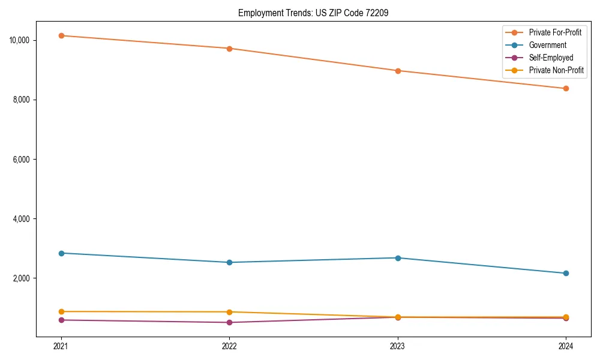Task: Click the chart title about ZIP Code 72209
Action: tap(313, 13)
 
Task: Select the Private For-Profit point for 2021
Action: tap(61, 35)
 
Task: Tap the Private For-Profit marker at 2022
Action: tap(229, 48)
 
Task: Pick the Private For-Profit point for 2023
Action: tap(398, 71)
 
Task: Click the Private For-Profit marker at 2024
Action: tap(566, 88)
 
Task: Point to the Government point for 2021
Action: tap(61, 253)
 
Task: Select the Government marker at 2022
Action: tap(229, 262)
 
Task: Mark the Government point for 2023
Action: tap(398, 258)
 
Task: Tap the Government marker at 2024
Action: tap(566, 273)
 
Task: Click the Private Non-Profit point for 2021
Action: tap(61, 311)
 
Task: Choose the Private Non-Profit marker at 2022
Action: tap(229, 312)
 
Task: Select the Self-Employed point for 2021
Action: tap(61, 320)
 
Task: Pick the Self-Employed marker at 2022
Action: tap(229, 322)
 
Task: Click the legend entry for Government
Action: tap(547, 45)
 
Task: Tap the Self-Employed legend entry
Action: tap(551, 58)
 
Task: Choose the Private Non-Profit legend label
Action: tap(556, 70)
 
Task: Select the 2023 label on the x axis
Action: tap(398, 346)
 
